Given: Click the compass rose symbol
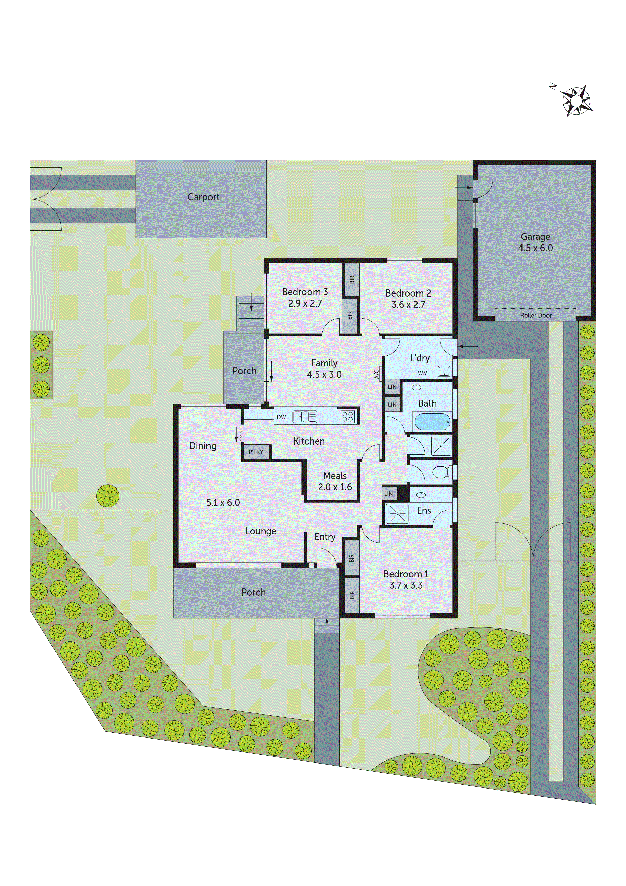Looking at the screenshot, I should pos(576,101).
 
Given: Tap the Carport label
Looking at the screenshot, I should pos(203,197).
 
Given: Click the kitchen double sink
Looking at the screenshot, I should pos(304,417).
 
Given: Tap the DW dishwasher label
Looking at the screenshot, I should pos(281,417).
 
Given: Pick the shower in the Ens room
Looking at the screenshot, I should pos(397,514).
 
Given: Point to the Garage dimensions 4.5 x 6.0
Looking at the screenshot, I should pos(535,248).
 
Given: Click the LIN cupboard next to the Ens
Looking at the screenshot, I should pos(388,493).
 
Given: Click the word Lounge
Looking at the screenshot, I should pos(261,531).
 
